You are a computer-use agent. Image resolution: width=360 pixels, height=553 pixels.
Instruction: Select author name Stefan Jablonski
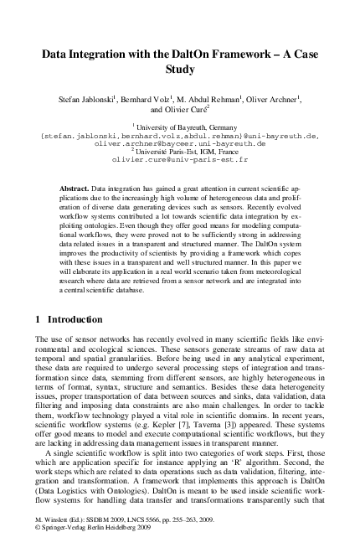pyautogui.click(x=86, y=99)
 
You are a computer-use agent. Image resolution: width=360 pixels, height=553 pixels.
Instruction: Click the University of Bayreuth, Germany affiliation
pyautogui.click(x=181, y=126)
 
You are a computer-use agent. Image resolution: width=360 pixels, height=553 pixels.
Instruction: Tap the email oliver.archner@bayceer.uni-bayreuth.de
pyautogui.click(x=180, y=142)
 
